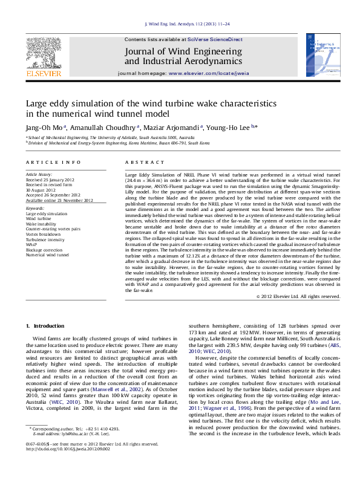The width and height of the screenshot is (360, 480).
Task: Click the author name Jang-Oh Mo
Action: point(44,128)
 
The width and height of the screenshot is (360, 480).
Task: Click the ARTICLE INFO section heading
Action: point(53,163)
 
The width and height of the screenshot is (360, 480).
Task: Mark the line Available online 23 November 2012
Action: point(59,199)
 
